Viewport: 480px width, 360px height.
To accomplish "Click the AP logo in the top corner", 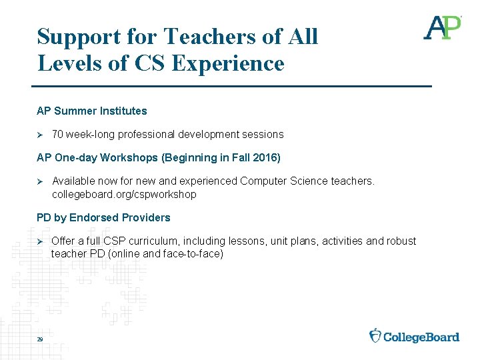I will pos(443,28).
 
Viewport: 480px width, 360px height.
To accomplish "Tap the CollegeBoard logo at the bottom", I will pos(415,336).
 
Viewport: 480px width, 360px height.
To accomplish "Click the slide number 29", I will pos(40,340).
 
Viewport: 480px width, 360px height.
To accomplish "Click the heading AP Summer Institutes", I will pos(91,111).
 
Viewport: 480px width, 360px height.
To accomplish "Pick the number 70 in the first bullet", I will pos(57,135).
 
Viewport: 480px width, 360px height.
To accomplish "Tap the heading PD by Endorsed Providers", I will pos(103,217).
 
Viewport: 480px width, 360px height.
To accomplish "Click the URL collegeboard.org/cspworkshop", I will pos(124,194).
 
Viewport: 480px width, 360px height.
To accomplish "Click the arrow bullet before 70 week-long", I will pos(39,135).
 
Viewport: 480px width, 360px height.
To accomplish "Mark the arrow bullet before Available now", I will pos(39,181).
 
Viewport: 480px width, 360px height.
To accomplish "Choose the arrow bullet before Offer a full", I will pos(39,241).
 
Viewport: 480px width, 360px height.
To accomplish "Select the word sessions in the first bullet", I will pos(264,135).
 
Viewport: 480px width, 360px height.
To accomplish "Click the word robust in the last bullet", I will pos(401,241).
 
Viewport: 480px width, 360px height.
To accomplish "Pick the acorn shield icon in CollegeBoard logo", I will pos(375,335).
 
